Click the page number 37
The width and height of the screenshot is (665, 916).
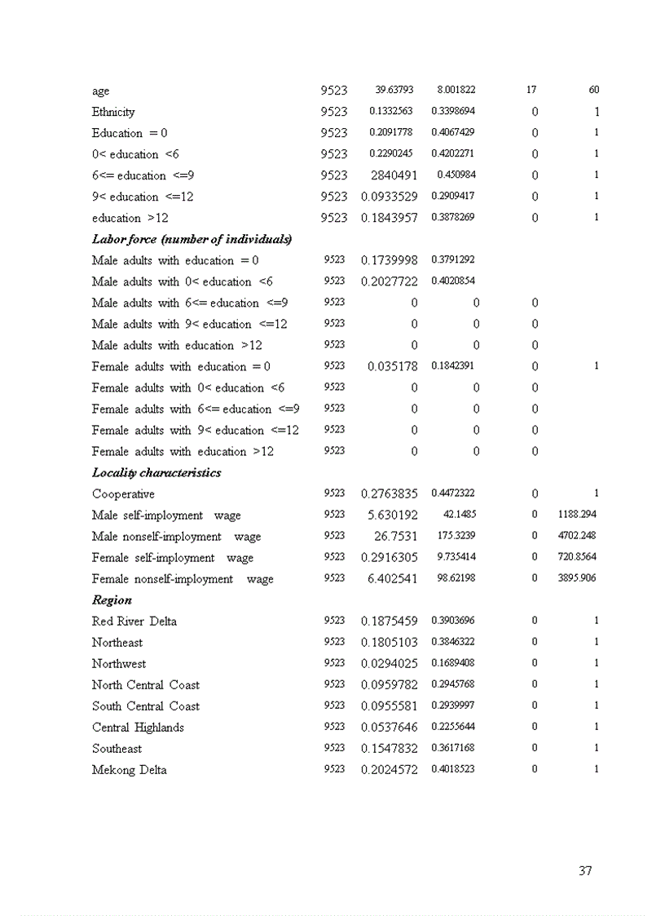pos(585,871)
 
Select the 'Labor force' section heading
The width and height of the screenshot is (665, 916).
pos(192,239)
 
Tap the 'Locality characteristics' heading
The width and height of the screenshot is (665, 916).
pos(156,472)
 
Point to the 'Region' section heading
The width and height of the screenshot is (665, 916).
pos(112,600)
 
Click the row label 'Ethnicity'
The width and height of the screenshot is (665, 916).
pos(113,112)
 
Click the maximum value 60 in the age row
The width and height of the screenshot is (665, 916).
pos(593,91)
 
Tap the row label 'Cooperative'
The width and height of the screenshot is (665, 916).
pos(123,494)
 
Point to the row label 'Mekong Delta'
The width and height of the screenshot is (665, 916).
pos(130,770)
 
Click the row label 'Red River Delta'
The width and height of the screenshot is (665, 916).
pos(134,622)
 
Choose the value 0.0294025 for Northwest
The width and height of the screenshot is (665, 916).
pos(390,664)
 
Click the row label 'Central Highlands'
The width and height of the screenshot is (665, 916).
pos(138,728)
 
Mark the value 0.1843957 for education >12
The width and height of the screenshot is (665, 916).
pos(390,218)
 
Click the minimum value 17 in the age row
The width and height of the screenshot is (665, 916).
pos(531,91)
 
